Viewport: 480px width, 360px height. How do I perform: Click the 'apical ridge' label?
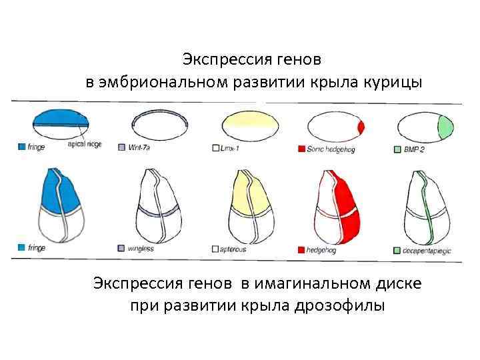(84, 145)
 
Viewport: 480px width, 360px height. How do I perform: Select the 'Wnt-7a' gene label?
(141, 148)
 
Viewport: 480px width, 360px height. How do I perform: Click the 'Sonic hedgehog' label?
(331, 149)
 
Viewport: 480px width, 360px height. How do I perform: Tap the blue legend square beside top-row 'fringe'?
(21, 147)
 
